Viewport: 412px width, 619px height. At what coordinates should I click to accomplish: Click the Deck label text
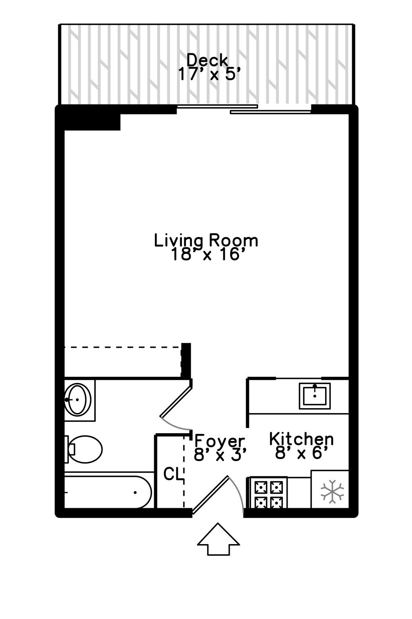208,60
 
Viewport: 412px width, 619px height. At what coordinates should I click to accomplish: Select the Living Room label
206,241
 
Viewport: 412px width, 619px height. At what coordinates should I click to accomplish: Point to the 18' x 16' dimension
208,255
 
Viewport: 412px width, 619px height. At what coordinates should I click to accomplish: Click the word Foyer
220,440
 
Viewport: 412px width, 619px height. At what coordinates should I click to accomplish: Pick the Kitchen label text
301,438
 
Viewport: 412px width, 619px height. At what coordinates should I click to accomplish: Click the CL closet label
171,474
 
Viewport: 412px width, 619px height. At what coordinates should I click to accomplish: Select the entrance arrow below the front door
218,540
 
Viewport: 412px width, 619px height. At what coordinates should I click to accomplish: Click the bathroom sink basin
78,399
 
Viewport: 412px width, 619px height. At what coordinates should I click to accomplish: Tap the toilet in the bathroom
85,449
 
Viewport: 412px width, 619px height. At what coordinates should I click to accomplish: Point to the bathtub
108,492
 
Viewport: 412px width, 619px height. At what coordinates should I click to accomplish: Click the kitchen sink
314,396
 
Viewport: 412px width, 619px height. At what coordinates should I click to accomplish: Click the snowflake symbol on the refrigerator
332,491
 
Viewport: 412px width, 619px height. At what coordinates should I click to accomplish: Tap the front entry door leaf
210,495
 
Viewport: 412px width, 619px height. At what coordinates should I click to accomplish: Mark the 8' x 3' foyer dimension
220,455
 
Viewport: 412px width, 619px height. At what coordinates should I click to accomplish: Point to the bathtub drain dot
136,492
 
